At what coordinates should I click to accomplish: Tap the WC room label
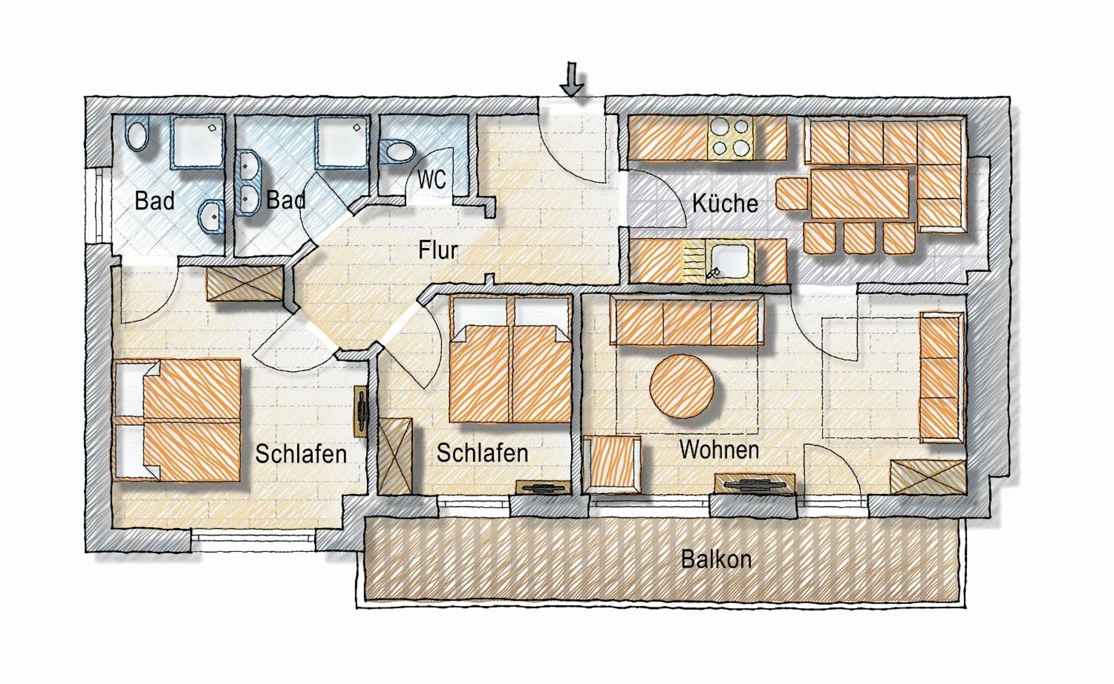(x=432, y=180)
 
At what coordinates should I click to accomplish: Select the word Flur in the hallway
(x=438, y=250)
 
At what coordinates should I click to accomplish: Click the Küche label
(x=725, y=203)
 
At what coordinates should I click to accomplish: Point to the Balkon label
(x=716, y=560)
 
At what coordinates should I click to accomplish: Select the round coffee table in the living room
(x=682, y=385)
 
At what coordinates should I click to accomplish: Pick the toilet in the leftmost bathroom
(x=138, y=134)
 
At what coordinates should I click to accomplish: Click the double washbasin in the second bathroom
(x=248, y=183)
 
